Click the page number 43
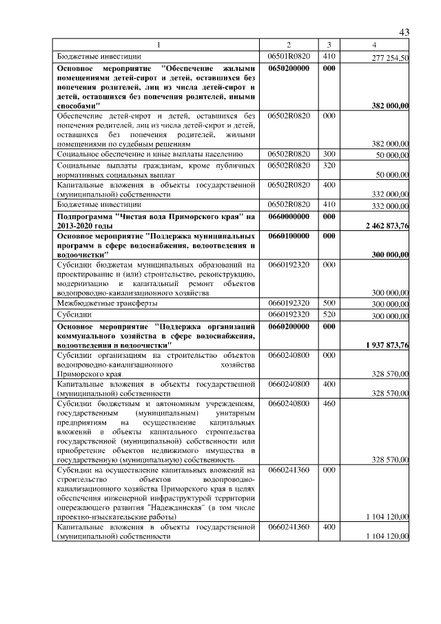click(x=404, y=33)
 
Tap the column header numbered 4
click(x=373, y=46)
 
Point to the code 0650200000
click(x=289, y=69)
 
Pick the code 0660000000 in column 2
click(x=289, y=216)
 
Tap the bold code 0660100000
click(x=289, y=236)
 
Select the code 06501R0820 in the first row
click(x=289, y=57)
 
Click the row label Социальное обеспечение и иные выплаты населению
click(x=149, y=154)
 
